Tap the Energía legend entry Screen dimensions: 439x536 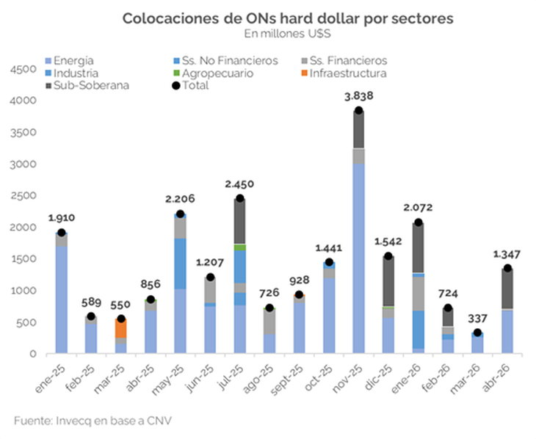73,60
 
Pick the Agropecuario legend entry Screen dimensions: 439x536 214,73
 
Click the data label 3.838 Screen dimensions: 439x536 358,96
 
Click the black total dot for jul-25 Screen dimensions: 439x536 239,198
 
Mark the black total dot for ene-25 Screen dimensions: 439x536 62,233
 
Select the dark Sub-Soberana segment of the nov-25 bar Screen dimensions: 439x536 358,129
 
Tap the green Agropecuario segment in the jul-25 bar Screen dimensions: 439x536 239,247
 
